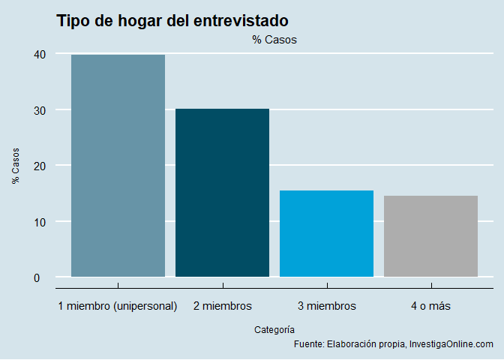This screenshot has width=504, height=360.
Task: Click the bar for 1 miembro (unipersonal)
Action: pos(118,166)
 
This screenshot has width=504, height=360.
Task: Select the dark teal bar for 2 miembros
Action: pos(222,193)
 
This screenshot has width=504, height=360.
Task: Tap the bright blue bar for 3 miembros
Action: pos(326,233)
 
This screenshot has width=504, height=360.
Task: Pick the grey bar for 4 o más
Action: pos(430,236)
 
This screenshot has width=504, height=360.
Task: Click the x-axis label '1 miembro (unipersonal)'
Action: pos(118,306)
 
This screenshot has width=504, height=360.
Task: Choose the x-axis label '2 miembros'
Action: pos(222,306)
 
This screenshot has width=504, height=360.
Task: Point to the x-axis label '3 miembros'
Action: pos(326,306)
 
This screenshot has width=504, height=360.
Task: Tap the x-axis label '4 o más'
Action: pos(430,306)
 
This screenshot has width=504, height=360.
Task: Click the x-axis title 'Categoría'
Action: pos(274,329)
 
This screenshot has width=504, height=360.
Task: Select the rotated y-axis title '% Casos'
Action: pos(16,166)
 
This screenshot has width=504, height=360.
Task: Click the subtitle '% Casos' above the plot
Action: pos(274,40)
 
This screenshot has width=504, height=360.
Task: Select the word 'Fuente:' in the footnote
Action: pos(309,344)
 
